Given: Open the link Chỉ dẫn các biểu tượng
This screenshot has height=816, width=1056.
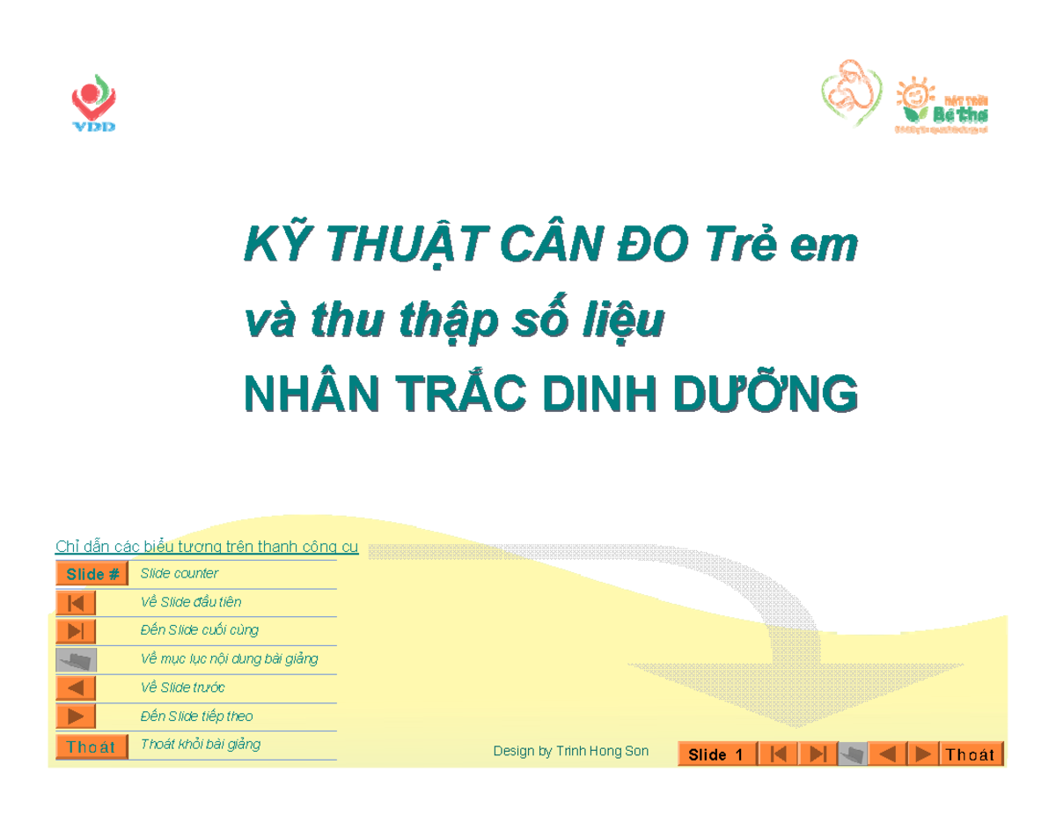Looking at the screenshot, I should [x=207, y=547].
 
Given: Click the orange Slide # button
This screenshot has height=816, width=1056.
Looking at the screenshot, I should [x=92, y=574].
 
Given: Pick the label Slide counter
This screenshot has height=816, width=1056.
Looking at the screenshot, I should [x=180, y=574].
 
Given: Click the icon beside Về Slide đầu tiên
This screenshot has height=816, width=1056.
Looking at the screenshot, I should [x=76, y=603].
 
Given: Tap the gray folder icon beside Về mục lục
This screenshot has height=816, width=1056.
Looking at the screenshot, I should [x=76, y=659].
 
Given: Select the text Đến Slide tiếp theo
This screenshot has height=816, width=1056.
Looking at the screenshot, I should [x=196, y=717].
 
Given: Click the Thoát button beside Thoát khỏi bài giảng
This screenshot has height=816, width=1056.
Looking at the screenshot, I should [x=92, y=746].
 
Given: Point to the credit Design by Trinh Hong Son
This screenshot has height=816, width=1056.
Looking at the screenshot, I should [x=570, y=751].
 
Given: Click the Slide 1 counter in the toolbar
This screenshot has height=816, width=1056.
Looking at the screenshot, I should [x=716, y=754].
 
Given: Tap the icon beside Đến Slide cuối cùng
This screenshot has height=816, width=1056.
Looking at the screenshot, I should [x=76, y=631].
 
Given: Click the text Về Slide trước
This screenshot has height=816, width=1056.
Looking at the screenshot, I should [x=183, y=687].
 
